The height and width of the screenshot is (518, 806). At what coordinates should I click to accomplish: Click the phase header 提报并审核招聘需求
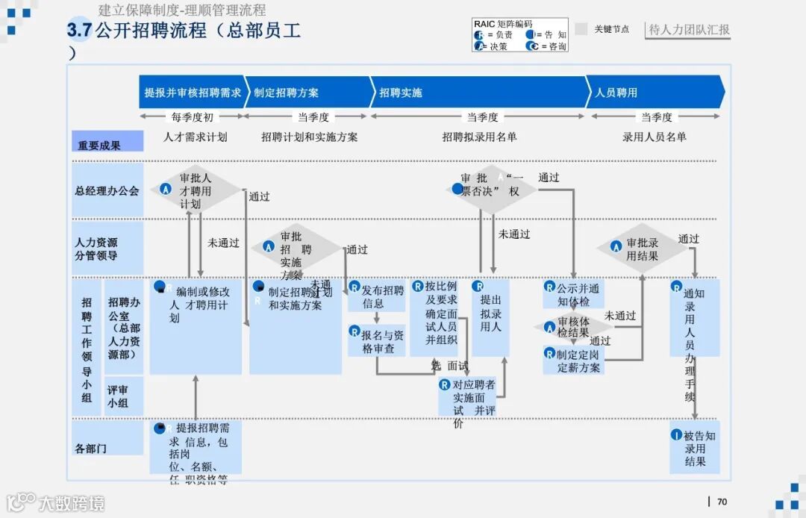[x=192, y=93]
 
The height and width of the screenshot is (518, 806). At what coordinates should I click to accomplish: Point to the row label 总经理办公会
[x=107, y=190]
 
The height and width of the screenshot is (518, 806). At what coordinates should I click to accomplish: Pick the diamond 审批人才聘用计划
[x=194, y=191]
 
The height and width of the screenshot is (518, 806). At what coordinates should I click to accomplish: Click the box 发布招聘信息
[x=377, y=296]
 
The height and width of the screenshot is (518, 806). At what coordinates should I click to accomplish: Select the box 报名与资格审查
[x=377, y=341]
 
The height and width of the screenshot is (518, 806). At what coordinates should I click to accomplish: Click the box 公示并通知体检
[x=573, y=295]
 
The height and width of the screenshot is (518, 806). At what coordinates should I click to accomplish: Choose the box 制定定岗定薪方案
[x=573, y=361]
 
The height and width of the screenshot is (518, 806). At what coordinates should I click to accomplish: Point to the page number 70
[x=722, y=502]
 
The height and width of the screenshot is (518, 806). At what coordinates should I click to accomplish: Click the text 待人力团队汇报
[x=689, y=30]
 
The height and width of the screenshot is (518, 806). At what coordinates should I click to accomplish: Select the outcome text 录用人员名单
[x=655, y=137]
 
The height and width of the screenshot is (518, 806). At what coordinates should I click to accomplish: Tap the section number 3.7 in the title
[x=78, y=31]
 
